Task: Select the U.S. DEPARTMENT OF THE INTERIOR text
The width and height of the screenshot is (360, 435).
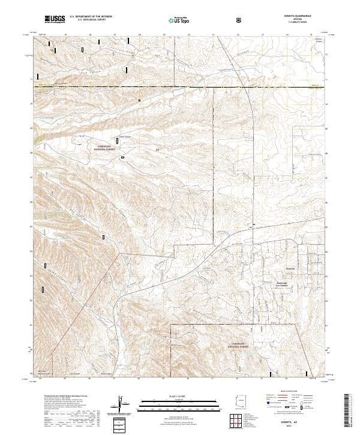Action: [91, 17]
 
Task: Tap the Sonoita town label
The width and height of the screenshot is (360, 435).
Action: [290, 268]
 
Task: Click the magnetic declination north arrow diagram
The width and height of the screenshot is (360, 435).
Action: [121, 404]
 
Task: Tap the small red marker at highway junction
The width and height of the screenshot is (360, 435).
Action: [254, 226]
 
